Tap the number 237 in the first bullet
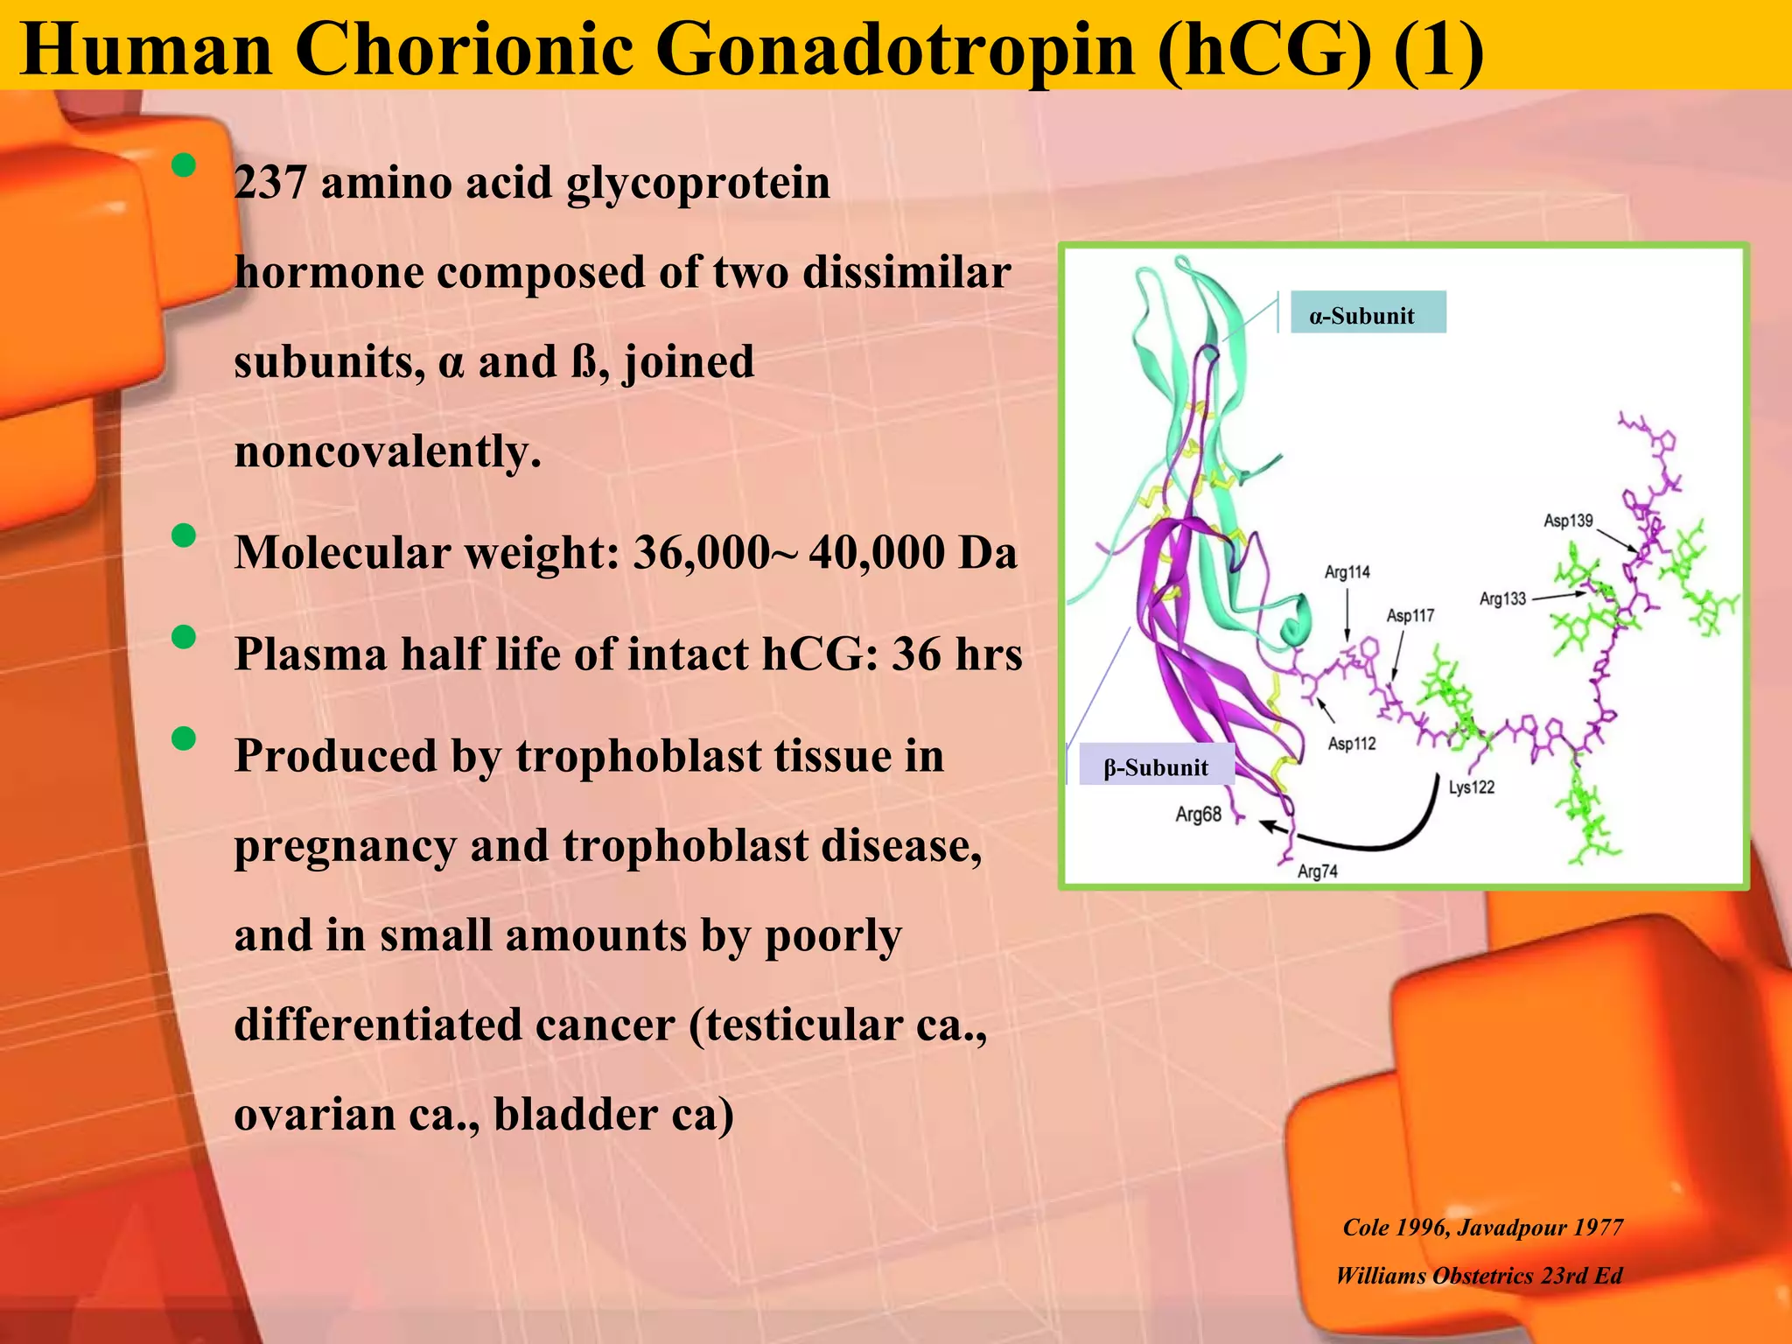pos(269,183)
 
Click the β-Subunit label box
pos(1157,766)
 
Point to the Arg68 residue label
pos(1198,815)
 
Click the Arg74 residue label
pos(1317,871)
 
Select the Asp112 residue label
pos(1352,744)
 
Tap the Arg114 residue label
pos(1347,572)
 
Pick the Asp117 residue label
pos(1410,616)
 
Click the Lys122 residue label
pos(1471,787)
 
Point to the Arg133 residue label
pos(1502,598)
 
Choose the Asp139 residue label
pos(1568,521)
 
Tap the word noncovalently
pos(388,452)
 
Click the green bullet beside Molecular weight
pos(184,535)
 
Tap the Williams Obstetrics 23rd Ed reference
pos(1478,1276)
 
